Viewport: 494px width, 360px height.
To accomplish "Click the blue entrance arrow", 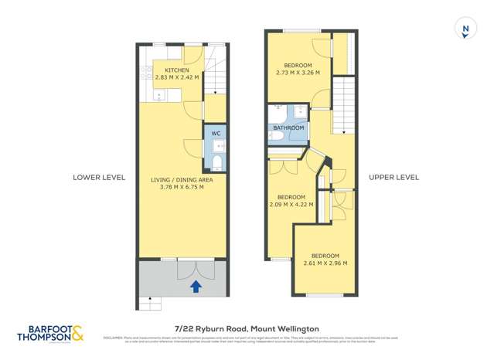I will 196,287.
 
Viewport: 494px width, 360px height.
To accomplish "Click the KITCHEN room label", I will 176,70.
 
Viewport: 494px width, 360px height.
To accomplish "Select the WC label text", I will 216,134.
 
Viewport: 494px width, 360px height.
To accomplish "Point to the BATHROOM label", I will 288,127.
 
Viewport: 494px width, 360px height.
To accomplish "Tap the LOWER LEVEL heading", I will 98,177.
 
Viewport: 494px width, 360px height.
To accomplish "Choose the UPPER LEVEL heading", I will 393,177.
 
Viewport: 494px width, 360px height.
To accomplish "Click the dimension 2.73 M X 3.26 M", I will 298,73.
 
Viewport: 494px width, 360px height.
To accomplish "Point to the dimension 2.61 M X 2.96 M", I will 325,263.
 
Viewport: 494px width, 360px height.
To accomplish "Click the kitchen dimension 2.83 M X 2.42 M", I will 176,78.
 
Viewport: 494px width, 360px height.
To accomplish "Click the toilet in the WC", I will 216,161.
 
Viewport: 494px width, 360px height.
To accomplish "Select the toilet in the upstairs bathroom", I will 274,136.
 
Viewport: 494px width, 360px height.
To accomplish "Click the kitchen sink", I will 159,95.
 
